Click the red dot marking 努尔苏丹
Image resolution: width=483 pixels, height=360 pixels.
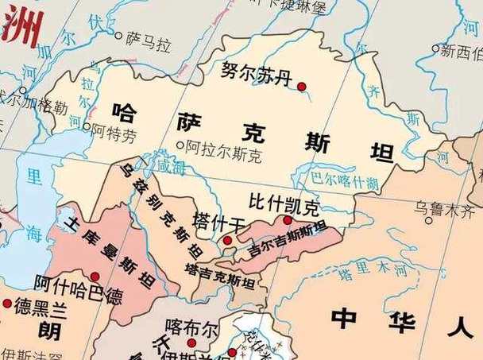[x=302, y=86]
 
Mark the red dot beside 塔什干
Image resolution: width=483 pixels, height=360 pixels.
[x=227, y=239]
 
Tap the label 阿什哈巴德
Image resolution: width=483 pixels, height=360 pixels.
[x=78, y=287]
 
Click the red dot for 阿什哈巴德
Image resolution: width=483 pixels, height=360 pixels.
[x=97, y=275]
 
